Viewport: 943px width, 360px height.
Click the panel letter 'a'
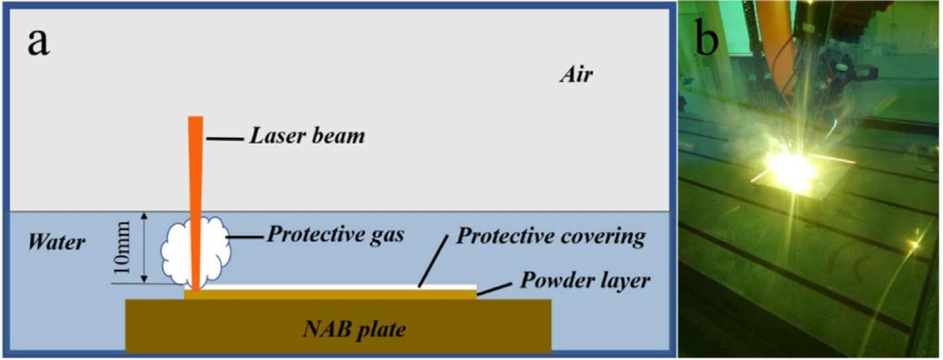(38, 40)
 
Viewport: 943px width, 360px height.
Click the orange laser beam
(195, 190)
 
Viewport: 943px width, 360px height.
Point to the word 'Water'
(57, 241)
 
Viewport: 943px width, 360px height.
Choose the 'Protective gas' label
(335, 235)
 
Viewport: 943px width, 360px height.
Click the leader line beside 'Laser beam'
(227, 137)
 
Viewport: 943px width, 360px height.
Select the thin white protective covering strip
(346, 286)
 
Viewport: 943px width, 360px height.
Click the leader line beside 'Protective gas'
(244, 235)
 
